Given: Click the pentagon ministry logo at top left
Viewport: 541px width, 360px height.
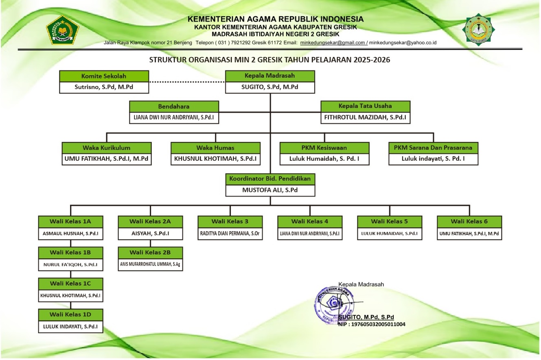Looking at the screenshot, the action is [63, 30].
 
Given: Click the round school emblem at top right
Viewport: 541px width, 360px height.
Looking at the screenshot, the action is [478, 29].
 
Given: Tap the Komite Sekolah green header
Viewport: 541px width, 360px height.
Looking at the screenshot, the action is [104, 76].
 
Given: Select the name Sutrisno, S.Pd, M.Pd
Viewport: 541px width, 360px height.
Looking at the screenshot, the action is [104, 87].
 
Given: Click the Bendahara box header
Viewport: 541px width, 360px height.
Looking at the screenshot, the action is [174, 107].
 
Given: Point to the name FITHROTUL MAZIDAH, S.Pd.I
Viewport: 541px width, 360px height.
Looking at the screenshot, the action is [365, 117].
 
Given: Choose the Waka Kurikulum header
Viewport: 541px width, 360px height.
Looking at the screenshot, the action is [107, 148].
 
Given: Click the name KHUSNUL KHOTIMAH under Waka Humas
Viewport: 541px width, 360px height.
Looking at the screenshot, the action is [215, 159].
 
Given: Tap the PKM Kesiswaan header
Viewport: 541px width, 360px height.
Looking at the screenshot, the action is [324, 148].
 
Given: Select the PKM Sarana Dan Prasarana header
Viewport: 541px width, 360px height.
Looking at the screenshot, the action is [433, 148].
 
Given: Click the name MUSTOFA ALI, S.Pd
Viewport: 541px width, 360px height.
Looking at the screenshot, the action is [270, 190].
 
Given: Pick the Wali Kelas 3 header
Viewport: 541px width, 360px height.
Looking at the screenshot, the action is [230, 222].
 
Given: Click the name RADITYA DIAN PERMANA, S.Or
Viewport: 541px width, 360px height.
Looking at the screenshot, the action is [230, 233].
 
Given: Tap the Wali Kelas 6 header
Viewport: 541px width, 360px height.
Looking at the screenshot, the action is [469, 222].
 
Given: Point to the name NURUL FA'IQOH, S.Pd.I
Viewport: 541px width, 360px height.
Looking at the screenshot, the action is [70, 264].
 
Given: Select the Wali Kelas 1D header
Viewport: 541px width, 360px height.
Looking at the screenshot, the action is [70, 314].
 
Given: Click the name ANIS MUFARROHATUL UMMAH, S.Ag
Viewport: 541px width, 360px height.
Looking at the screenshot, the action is [150, 264].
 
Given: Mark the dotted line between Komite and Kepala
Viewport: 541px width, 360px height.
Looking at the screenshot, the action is [187, 82].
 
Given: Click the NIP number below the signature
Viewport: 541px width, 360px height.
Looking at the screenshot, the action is [372, 324].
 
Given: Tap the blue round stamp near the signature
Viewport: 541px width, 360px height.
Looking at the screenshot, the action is [335, 305].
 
